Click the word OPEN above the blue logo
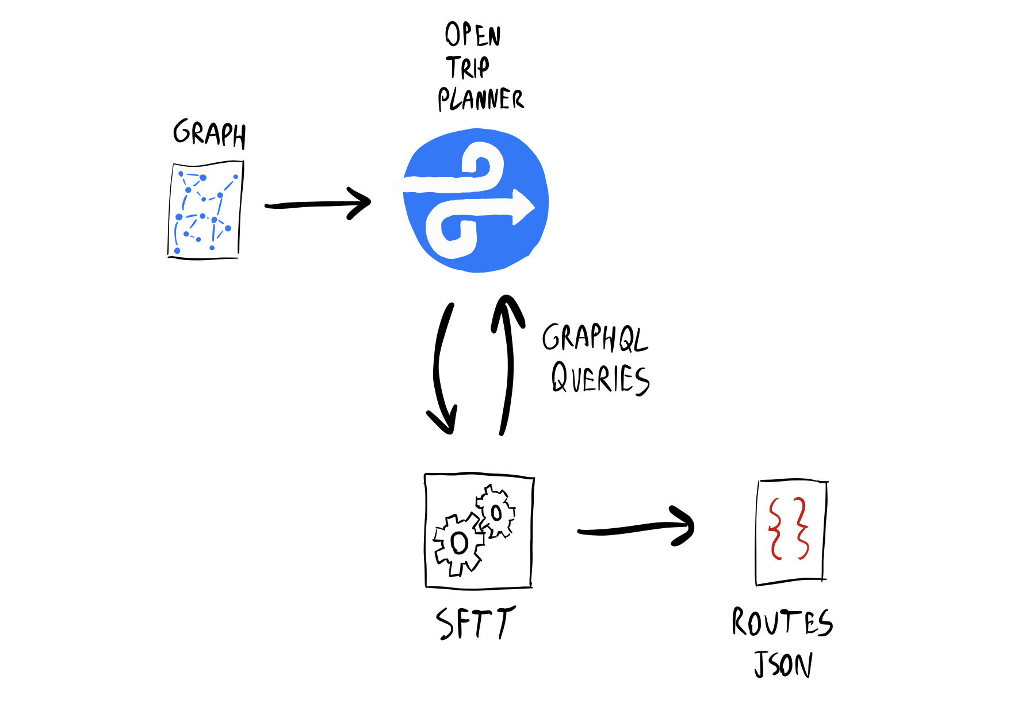(x=473, y=35)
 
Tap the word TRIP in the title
(x=468, y=67)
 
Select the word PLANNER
(x=481, y=99)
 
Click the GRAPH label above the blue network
(x=209, y=133)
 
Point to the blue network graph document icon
(x=205, y=211)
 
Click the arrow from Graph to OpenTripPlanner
(x=318, y=204)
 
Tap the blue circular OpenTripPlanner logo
(x=476, y=201)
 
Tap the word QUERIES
(x=600, y=379)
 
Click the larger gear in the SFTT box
(x=458, y=543)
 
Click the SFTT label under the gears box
(x=475, y=623)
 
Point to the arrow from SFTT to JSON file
(x=636, y=528)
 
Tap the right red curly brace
(x=801, y=529)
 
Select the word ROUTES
(x=782, y=623)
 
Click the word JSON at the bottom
(x=783, y=665)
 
